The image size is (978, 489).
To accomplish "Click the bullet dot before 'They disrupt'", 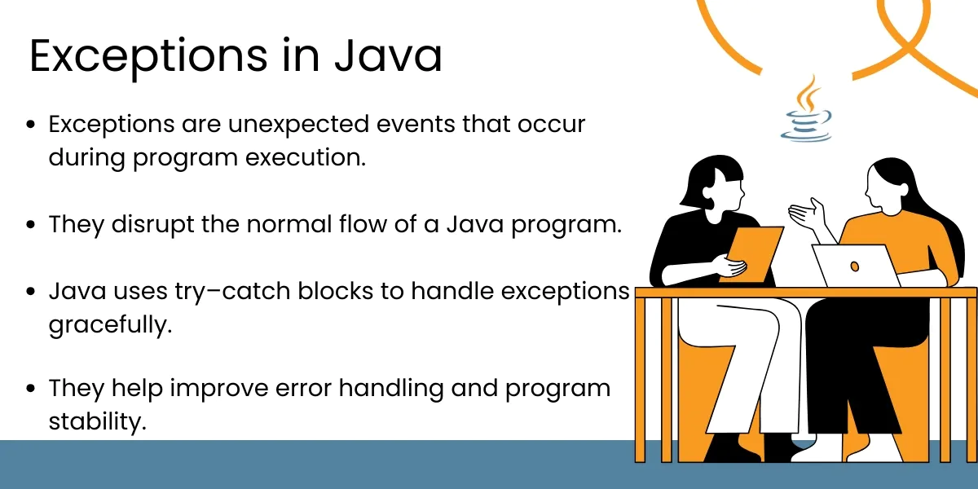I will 31,224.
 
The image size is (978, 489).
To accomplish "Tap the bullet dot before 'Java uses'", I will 31,291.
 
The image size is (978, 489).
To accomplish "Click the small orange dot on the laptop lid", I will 855,266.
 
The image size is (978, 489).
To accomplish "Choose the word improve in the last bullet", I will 216,389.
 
